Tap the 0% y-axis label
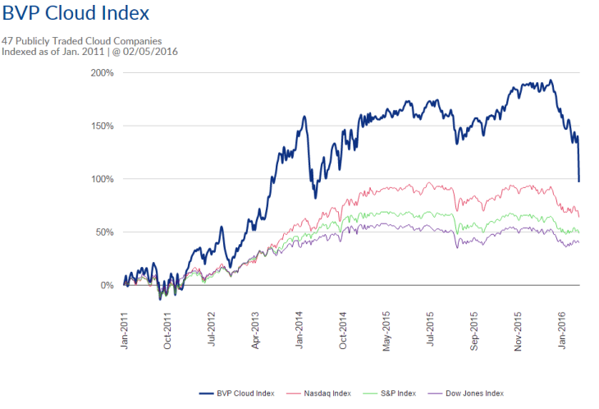(x=107, y=285)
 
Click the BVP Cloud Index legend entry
(x=237, y=393)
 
